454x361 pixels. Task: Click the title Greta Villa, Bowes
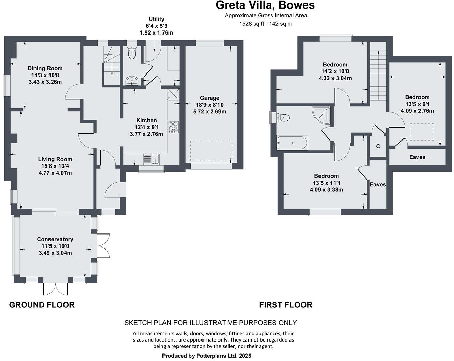[265, 5]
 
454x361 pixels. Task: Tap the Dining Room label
[45, 68]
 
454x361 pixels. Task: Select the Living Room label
[55, 159]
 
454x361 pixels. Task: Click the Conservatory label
[55, 239]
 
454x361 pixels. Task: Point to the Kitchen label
[146, 120]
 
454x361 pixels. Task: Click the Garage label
[210, 98]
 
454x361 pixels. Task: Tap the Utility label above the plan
[156, 19]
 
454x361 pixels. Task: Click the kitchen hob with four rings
[173, 126]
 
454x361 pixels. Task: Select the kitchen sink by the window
[151, 159]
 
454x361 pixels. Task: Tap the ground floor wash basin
[131, 81]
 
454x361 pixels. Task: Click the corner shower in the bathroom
[321, 115]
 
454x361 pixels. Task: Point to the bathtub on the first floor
[292, 143]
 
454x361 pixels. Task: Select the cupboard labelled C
[378, 146]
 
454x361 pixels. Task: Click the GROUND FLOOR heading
[42, 305]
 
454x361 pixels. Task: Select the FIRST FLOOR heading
[286, 305]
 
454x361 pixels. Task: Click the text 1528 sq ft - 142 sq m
[266, 24]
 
